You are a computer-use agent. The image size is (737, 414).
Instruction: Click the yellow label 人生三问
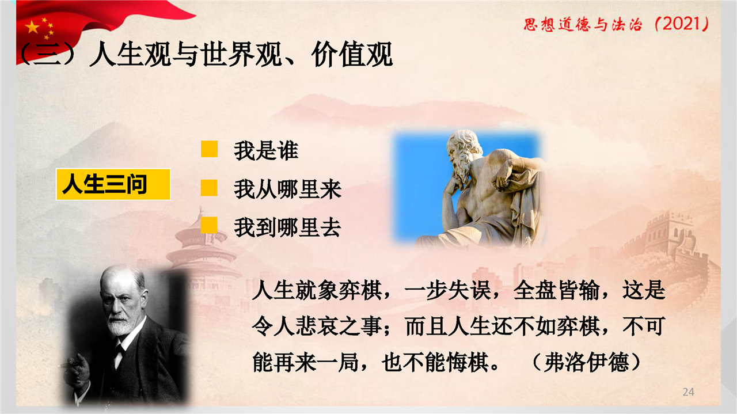[x=113, y=184]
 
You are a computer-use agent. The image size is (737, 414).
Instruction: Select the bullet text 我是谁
[x=266, y=151]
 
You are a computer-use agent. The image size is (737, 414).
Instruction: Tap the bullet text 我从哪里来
[x=287, y=189]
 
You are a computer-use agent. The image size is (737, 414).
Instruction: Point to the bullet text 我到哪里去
[x=287, y=227]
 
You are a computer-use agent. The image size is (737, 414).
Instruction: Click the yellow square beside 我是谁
[x=209, y=149]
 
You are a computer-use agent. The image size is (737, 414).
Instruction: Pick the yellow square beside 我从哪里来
[x=209, y=188]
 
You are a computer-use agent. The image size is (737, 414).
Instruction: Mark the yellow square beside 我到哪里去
[x=209, y=225]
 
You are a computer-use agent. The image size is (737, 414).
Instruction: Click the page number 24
[x=688, y=392]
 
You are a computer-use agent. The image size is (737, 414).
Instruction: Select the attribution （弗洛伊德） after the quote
[x=586, y=362]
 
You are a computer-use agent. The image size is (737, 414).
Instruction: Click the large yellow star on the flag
[x=32, y=27]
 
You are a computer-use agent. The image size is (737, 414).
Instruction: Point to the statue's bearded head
[x=464, y=155]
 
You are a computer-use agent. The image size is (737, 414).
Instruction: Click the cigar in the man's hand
[x=70, y=364]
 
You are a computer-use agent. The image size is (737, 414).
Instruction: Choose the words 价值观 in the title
[x=352, y=55]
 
